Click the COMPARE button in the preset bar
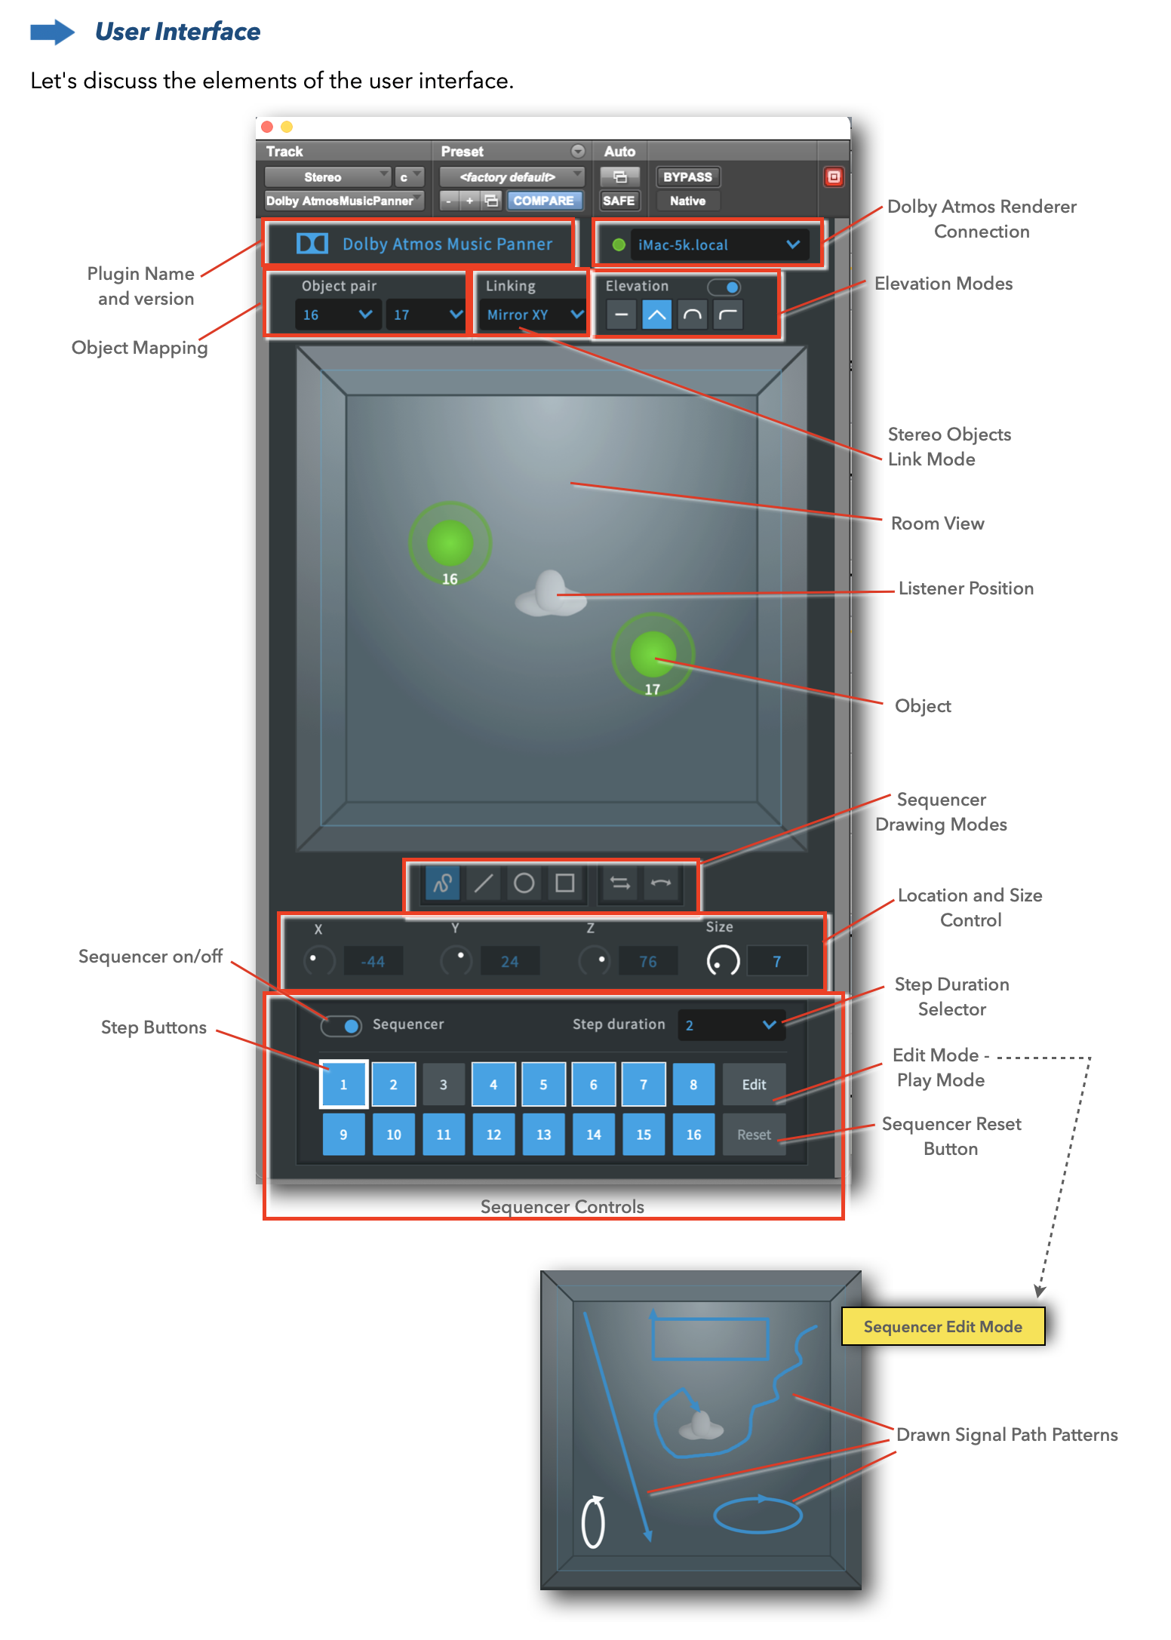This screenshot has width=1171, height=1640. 543,201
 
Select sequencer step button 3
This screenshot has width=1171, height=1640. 444,1084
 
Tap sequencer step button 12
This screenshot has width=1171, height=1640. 493,1134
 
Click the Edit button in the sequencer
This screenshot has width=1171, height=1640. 754,1084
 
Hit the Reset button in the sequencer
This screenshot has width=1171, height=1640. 754,1134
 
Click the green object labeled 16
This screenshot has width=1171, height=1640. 450,543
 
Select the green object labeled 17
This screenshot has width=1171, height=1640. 653,653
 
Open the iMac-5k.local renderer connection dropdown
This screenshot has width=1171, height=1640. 717,244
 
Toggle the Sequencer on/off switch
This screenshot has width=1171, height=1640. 343,1025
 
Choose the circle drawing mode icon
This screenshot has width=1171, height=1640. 524,883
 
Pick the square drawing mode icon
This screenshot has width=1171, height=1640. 564,883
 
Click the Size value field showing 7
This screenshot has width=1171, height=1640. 776,961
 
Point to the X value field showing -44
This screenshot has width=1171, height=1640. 373,961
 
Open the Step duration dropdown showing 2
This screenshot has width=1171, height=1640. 730,1024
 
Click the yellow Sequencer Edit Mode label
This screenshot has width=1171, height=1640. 942,1326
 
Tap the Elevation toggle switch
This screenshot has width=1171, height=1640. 724,287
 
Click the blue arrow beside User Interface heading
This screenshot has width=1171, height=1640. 52,32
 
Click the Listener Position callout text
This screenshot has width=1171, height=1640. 966,588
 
